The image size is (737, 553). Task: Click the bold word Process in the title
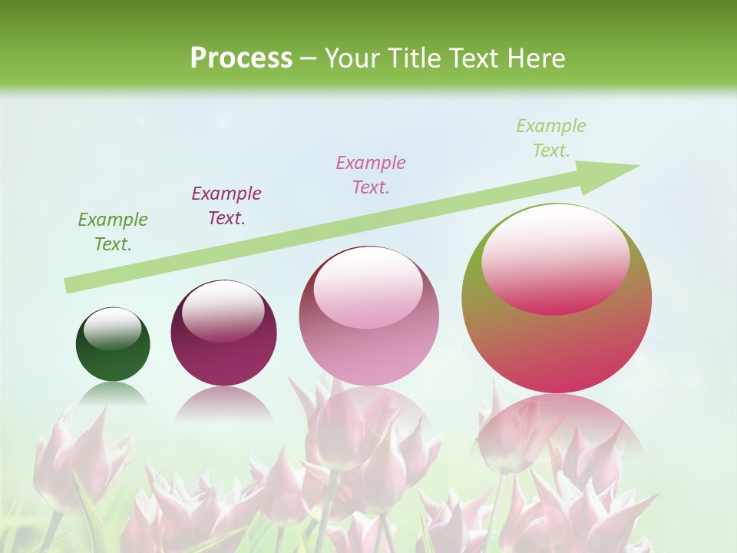241,58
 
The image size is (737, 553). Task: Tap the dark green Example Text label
113,232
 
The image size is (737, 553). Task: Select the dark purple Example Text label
226,206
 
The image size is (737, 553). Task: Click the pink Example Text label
371,174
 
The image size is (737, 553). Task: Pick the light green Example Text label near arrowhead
550,138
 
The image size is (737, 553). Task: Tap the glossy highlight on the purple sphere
223,311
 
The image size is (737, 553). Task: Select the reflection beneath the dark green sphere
113,393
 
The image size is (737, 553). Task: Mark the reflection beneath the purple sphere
223,403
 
